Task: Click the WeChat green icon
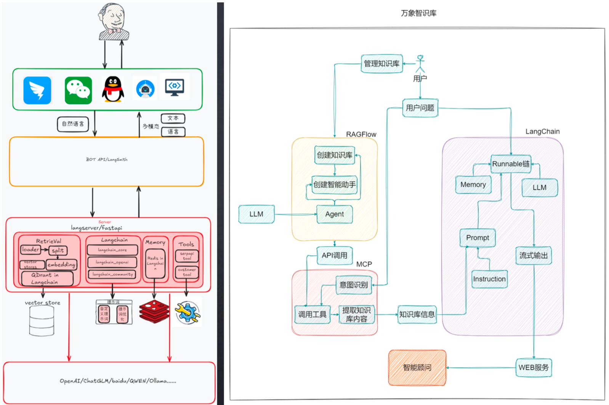click(78, 90)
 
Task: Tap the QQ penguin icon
click(113, 89)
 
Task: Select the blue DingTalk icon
click(37, 90)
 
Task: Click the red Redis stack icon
click(154, 311)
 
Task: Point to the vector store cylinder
click(42, 321)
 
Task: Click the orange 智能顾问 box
click(417, 368)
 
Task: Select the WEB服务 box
click(534, 368)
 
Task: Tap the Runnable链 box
click(511, 164)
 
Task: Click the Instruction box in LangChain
click(489, 279)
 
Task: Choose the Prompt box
click(478, 238)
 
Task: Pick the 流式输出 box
click(534, 256)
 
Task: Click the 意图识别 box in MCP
click(353, 285)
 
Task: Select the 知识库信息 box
click(417, 315)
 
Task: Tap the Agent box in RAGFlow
click(334, 214)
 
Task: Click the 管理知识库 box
click(381, 64)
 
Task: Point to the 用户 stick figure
click(420, 64)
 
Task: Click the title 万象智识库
click(418, 13)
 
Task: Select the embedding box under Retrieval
click(61, 265)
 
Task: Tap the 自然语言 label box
click(73, 124)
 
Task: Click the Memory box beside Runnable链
click(473, 185)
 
